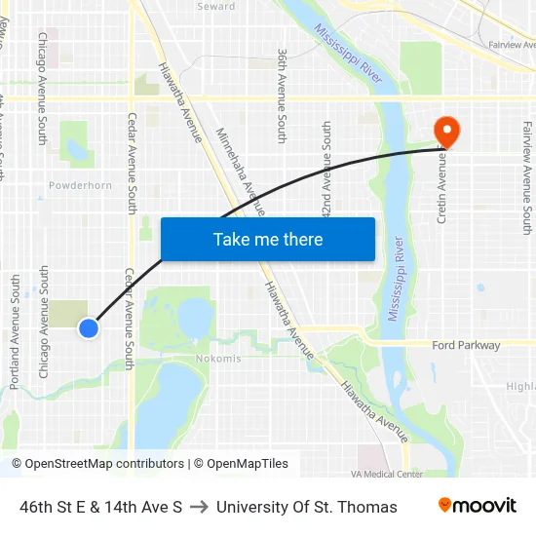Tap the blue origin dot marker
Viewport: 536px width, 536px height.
tap(89, 328)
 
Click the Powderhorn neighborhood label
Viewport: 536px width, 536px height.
tap(80, 185)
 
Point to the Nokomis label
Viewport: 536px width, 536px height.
tap(218, 359)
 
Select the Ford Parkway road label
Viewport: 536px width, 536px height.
tap(466, 345)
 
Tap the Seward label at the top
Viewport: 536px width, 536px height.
tap(215, 7)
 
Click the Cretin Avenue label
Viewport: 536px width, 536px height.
tap(441, 188)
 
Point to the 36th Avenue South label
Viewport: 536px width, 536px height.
tap(282, 96)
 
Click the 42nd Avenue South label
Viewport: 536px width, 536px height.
tap(326, 172)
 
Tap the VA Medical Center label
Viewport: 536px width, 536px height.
tap(387, 474)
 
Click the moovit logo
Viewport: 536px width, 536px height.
tap(478, 506)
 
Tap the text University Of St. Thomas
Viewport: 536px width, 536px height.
tap(307, 507)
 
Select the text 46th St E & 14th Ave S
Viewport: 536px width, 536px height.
tap(101, 507)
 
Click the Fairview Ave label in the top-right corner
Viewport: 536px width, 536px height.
tap(512, 45)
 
